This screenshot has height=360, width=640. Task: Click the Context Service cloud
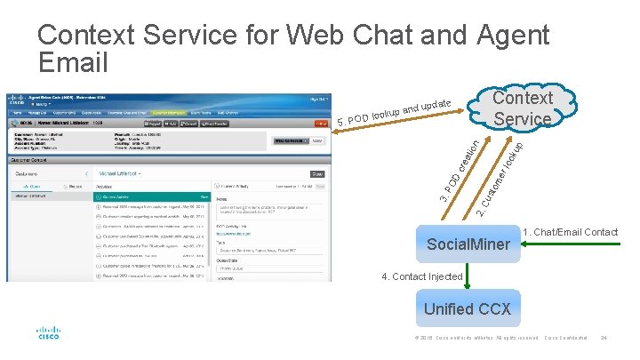point(524,108)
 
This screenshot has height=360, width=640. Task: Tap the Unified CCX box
point(467,309)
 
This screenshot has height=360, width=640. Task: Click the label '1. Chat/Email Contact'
point(571,233)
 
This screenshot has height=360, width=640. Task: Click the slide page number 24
point(604,338)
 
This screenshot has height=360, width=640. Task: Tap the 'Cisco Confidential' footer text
point(566,338)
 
